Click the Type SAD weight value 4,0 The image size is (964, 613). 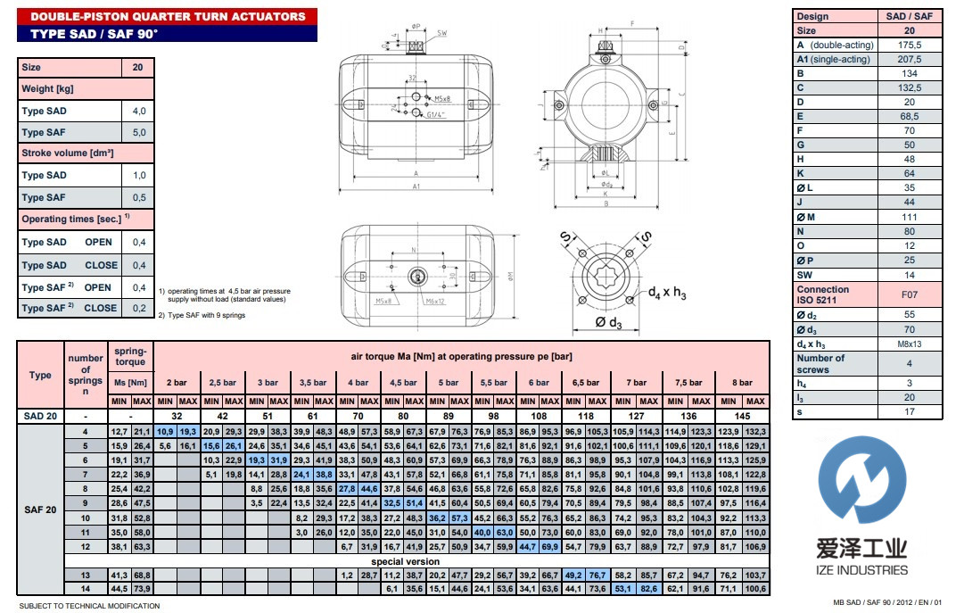coord(138,112)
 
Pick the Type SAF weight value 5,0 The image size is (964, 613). coord(138,133)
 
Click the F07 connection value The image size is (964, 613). coord(910,294)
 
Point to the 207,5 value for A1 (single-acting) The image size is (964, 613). coord(910,59)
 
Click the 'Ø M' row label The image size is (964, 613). coord(806,218)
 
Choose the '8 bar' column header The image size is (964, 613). coord(743,383)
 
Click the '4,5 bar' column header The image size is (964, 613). coord(404,383)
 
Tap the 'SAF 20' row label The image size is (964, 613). coord(40,510)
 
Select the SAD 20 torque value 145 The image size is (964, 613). coord(743,416)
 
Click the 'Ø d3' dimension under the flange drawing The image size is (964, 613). coord(606,323)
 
